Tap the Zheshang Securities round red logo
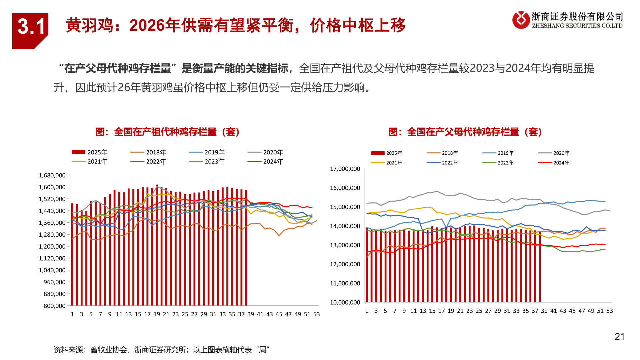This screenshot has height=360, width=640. tap(521, 20)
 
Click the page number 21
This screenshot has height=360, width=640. tap(619, 337)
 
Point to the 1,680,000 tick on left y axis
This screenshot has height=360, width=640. tap(52, 175)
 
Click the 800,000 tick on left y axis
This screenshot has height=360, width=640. tap(55, 306)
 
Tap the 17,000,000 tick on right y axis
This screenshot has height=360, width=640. tap(345, 169)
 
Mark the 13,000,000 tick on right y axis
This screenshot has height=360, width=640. tap(345, 245)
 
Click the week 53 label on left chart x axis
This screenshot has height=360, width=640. tap(316, 314)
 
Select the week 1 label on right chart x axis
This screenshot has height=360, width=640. tap(367, 311)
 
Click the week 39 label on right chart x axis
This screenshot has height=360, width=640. tap(544, 311)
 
